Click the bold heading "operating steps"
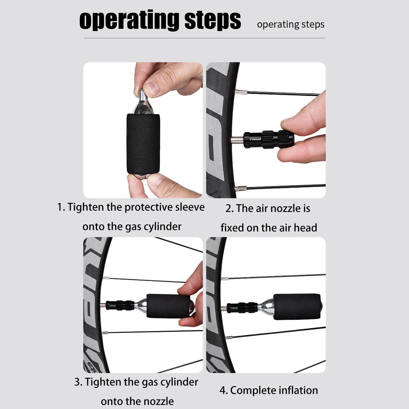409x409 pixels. point(160,20)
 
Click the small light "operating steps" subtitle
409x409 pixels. point(291,25)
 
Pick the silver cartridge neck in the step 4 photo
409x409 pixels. point(265,307)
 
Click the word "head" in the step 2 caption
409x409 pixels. point(306,228)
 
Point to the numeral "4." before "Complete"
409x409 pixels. point(224,391)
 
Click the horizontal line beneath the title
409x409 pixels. point(204,38)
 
